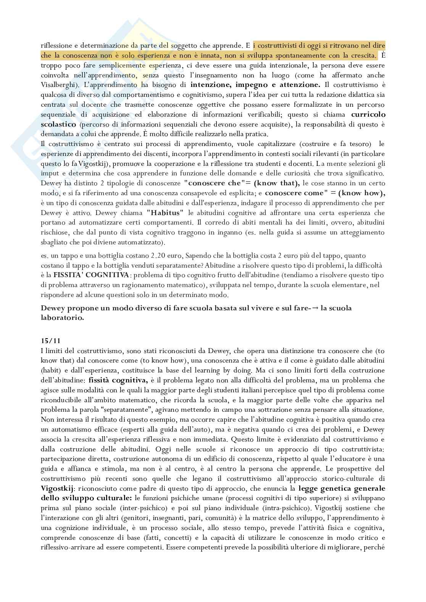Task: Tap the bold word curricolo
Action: [x=368, y=114]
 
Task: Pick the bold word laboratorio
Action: [x=62, y=318]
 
